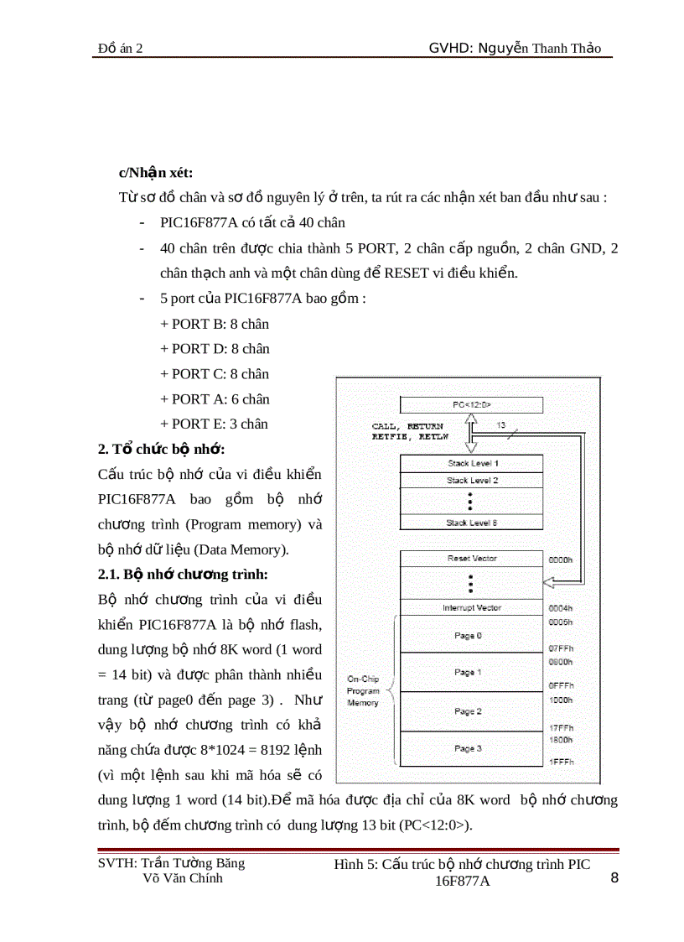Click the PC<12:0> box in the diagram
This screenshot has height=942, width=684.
[471, 405]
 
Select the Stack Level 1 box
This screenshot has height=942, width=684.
[471, 463]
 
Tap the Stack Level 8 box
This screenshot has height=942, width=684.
[471, 523]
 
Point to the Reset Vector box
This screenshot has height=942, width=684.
[471, 559]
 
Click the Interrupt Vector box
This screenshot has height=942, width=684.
[471, 607]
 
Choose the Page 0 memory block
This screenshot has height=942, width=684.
[468, 636]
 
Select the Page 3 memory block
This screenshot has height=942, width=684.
[468, 748]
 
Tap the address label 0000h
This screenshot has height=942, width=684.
[560, 559]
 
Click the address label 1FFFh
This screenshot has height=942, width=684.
[560, 761]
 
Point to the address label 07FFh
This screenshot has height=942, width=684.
[560, 648]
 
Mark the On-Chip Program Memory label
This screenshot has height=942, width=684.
[363, 690]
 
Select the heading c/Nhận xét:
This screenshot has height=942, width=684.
[155, 173]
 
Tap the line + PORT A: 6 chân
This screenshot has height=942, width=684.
[215, 399]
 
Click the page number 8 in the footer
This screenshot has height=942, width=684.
[614, 878]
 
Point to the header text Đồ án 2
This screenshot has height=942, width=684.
[120, 49]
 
